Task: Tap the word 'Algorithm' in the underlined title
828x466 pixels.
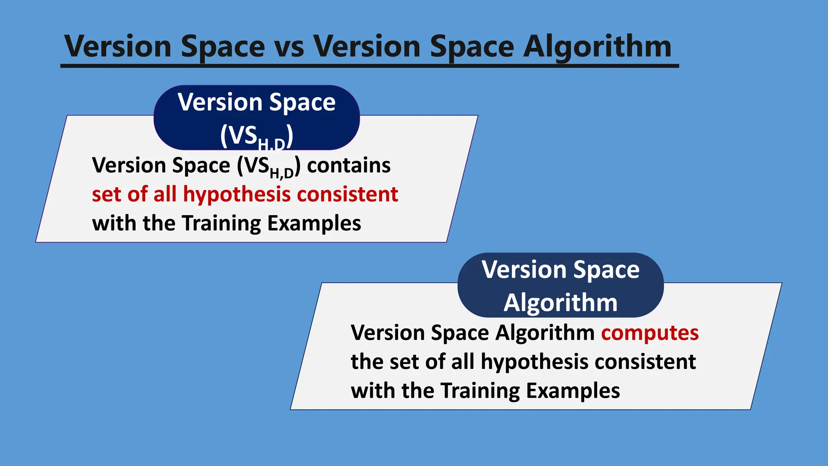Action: [x=597, y=47]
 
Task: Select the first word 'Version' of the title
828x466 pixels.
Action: [x=118, y=47]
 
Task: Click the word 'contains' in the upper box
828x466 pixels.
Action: [x=349, y=165]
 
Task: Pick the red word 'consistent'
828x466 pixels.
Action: [x=347, y=195]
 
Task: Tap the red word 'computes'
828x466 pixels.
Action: [x=650, y=333]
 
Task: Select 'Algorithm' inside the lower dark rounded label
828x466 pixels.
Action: [x=560, y=303]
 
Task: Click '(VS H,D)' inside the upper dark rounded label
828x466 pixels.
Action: [x=257, y=136]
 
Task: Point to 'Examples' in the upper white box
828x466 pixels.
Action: [x=314, y=223]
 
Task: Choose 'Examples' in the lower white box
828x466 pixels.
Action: [x=573, y=391]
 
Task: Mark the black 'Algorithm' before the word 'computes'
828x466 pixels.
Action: [x=545, y=333]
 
